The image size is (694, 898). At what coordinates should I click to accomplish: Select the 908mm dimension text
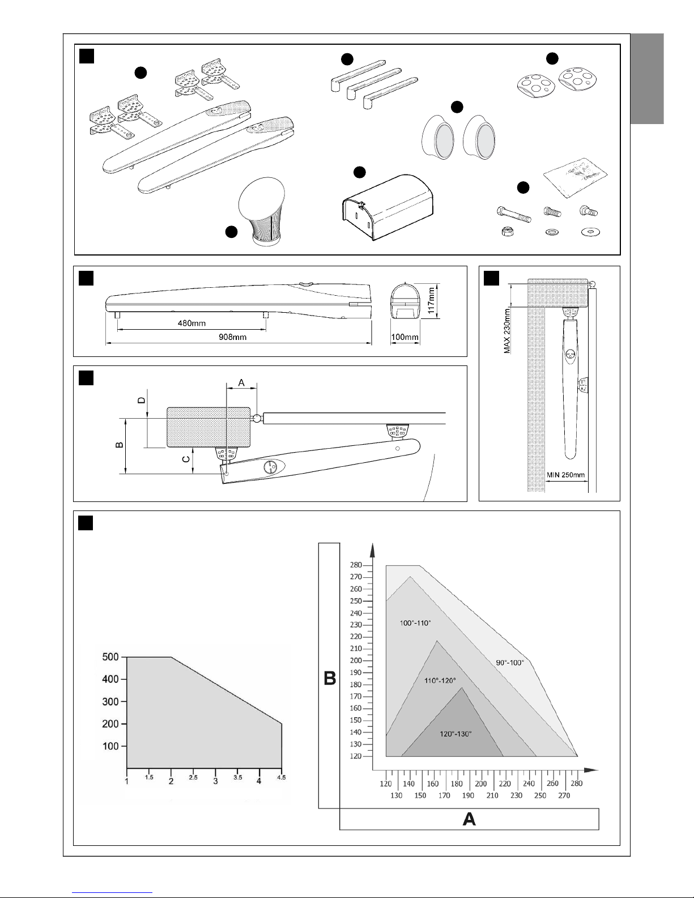click(x=233, y=337)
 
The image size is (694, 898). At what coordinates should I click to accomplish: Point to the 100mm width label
click(x=405, y=338)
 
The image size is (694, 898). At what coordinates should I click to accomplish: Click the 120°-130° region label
click(x=455, y=733)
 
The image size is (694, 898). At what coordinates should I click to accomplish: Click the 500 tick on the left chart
click(x=110, y=657)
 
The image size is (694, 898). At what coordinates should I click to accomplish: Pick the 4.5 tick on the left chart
click(x=281, y=778)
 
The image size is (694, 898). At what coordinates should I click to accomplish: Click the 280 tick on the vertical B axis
click(x=356, y=565)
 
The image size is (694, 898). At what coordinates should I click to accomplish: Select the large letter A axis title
click(x=469, y=819)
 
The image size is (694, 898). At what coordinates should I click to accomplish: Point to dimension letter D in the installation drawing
click(x=142, y=399)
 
